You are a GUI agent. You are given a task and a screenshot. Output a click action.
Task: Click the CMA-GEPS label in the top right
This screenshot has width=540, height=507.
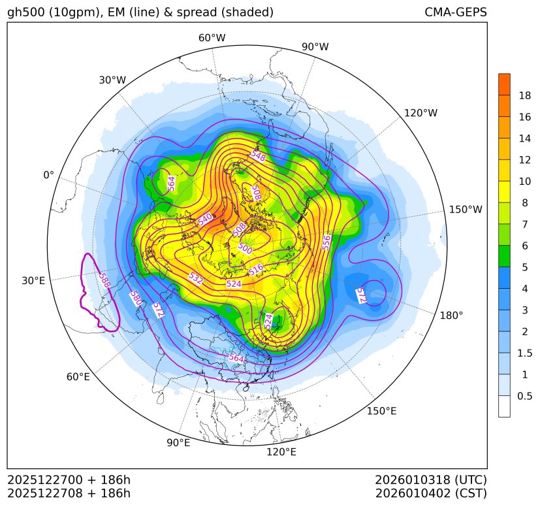[x=455, y=12]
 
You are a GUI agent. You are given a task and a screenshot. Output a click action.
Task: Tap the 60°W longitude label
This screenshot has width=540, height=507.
[x=212, y=38]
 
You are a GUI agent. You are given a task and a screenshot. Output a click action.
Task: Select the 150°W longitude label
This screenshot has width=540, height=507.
[x=466, y=209]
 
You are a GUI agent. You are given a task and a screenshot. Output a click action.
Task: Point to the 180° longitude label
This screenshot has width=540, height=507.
[x=451, y=315]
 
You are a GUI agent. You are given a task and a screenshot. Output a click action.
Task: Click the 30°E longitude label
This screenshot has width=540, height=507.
[x=33, y=281]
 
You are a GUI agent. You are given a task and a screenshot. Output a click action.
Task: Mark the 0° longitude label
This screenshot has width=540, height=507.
[x=48, y=175]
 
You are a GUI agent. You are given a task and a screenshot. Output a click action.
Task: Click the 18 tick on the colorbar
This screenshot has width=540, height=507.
[x=524, y=95]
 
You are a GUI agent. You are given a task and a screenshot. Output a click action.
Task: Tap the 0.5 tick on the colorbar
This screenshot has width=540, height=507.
[x=525, y=396]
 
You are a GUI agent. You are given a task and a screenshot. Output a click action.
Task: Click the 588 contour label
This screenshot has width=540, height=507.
[x=103, y=282]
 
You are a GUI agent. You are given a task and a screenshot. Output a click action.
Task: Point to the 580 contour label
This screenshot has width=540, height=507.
[x=136, y=299]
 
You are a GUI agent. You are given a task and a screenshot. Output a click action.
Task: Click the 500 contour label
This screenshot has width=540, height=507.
[x=245, y=248]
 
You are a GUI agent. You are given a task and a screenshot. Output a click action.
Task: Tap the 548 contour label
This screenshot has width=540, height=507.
[x=258, y=156]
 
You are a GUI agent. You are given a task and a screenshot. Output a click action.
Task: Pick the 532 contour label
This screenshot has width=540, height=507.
[x=195, y=278]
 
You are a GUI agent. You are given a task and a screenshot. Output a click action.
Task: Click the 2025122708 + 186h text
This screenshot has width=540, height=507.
[x=69, y=493]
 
